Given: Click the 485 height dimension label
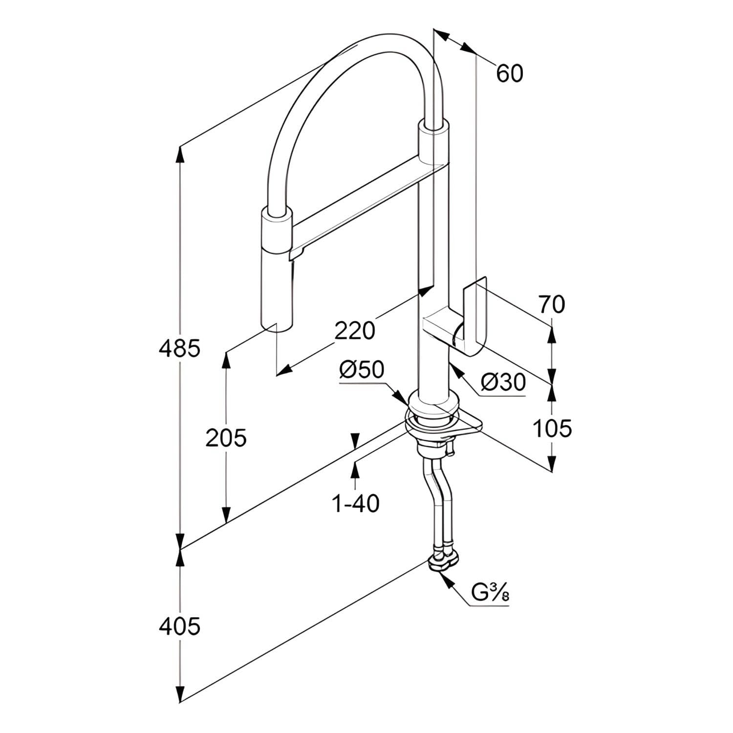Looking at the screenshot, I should (180, 348).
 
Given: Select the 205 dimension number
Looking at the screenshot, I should (226, 438).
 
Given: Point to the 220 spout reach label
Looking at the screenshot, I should (355, 331).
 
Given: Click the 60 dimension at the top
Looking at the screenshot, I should (510, 73).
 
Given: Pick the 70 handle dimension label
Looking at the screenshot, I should (552, 304).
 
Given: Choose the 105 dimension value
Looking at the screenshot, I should (552, 429).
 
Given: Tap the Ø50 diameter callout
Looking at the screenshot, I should (362, 370).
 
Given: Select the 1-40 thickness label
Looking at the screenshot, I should (355, 503).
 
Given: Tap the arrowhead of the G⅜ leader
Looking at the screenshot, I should (441, 575).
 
